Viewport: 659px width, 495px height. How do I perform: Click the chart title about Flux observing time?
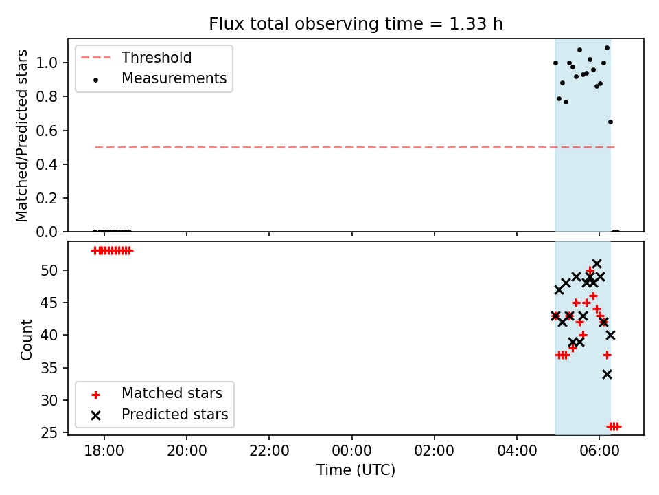click(x=356, y=23)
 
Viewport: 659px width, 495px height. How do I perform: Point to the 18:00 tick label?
click(x=104, y=451)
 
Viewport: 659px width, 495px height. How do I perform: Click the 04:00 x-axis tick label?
click(x=517, y=451)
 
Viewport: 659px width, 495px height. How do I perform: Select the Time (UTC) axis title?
click(x=356, y=470)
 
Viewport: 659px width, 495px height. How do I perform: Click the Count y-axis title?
click(x=26, y=339)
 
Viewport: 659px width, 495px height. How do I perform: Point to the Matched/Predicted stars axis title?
click(x=21, y=135)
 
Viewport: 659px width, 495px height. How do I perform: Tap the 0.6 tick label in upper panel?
click(x=46, y=131)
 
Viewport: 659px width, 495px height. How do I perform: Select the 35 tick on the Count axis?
click(x=49, y=368)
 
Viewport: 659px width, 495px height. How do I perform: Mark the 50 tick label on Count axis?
click(x=49, y=270)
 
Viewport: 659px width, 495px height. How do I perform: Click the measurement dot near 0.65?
click(x=610, y=122)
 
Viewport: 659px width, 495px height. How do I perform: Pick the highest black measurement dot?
click(x=607, y=48)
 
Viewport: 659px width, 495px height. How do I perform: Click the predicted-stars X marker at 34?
click(x=607, y=374)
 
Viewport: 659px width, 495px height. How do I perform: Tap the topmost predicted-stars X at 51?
click(x=597, y=263)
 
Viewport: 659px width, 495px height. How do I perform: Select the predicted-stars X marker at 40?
click(x=610, y=335)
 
